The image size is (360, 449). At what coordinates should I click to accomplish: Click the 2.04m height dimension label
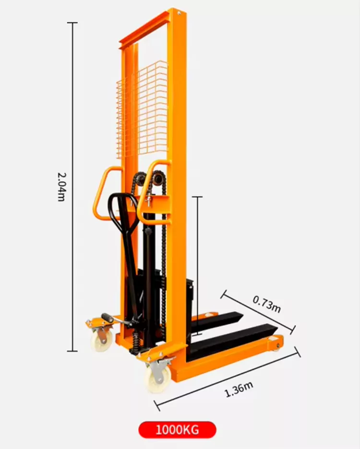point(61,187)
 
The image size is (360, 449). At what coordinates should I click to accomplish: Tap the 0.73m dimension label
point(266,304)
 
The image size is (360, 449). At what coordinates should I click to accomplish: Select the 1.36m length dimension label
point(239,389)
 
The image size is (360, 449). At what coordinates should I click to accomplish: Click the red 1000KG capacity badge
point(178,430)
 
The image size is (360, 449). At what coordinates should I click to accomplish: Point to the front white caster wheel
point(157,379)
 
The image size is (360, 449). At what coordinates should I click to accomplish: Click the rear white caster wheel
point(101,340)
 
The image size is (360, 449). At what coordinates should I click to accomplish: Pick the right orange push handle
point(152,192)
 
